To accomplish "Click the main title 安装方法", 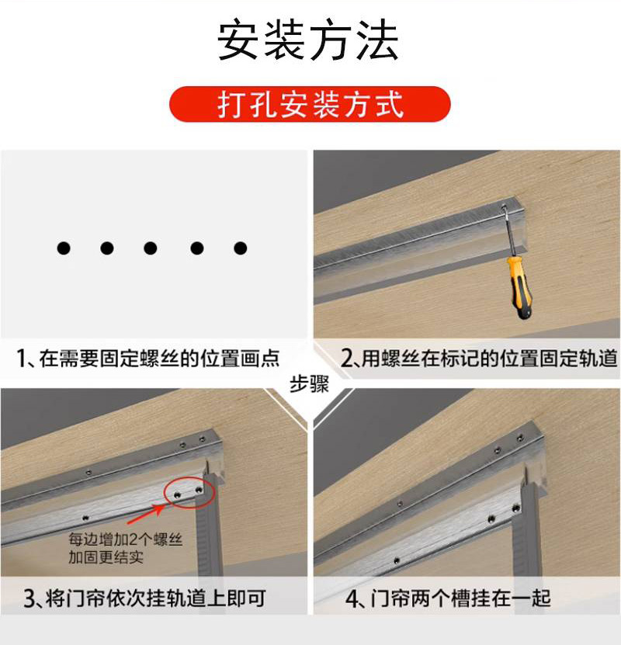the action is click(x=308, y=40).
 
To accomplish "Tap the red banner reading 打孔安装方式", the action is click(x=310, y=104).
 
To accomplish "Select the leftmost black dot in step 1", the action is click(x=64, y=248).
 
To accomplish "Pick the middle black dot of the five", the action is click(x=151, y=248).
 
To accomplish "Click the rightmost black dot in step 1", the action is click(x=240, y=248).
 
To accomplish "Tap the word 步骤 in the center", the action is click(x=309, y=385).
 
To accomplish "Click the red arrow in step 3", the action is click(x=147, y=514).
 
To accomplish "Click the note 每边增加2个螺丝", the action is click(x=126, y=539).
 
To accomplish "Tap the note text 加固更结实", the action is click(x=106, y=557).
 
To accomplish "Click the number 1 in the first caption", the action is click(x=21, y=358).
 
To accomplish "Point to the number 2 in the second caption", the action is click(x=347, y=358).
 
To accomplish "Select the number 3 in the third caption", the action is click(x=29, y=599).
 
